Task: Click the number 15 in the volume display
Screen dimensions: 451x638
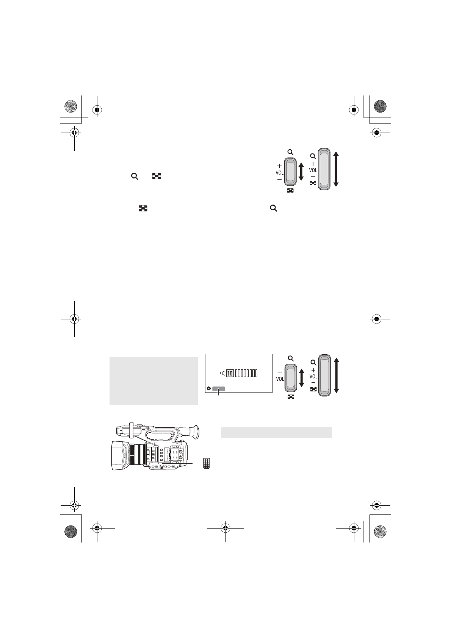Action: (230, 374)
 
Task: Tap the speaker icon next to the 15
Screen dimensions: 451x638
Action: (222, 374)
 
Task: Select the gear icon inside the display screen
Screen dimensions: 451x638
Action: (209, 388)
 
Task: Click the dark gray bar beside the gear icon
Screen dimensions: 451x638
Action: (218, 388)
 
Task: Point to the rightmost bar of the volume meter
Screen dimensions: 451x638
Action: (256, 374)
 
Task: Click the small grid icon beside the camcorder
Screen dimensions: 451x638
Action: (207, 463)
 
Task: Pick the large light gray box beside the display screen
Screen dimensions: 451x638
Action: (153, 381)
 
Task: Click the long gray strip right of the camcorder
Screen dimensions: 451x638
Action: (276, 432)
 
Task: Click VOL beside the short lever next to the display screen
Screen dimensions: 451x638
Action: (280, 378)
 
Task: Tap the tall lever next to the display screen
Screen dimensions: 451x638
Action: (324, 375)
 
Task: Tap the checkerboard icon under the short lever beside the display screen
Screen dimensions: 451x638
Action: (291, 397)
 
